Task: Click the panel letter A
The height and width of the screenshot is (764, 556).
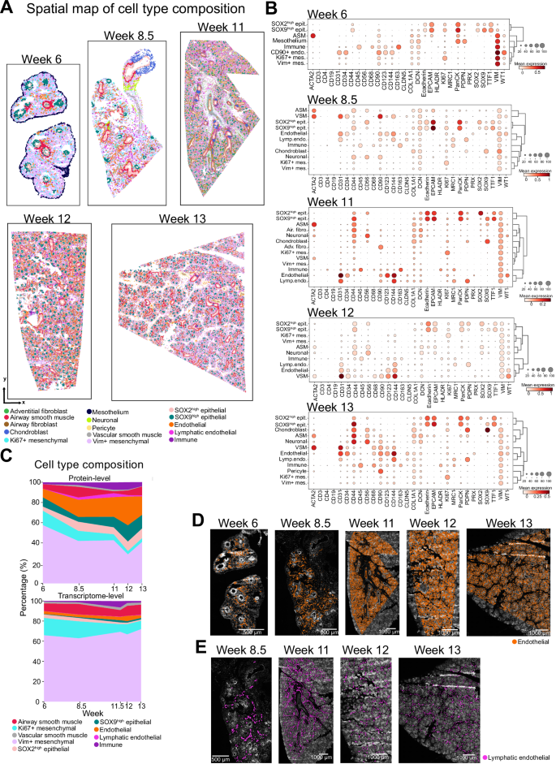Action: [x=6, y=7]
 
